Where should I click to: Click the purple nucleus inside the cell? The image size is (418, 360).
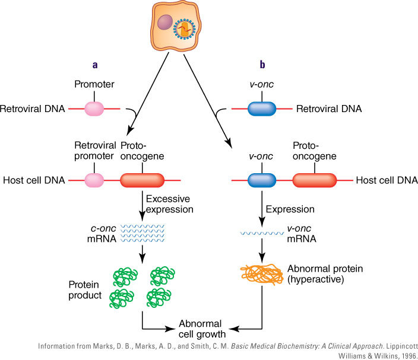tap(165, 22)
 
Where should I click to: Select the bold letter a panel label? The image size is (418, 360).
tap(95, 65)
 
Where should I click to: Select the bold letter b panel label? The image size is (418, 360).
tap(262, 65)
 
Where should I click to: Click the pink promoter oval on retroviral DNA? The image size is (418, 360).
tap(94, 109)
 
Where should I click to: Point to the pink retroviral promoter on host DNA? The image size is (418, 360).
tap(94, 180)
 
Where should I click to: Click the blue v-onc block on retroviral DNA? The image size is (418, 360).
tap(262, 109)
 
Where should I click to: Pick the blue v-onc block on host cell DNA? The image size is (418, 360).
tap(262, 180)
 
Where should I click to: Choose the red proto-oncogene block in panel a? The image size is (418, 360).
tap(142, 180)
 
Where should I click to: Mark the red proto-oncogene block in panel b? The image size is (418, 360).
tap(315, 180)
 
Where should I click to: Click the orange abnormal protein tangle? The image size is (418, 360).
tap(262, 274)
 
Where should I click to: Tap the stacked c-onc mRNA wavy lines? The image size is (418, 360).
tap(142, 233)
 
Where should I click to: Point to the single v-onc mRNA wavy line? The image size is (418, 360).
tap(262, 233)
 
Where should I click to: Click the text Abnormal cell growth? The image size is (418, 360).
tap(202, 329)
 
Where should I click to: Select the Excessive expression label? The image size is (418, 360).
tap(170, 204)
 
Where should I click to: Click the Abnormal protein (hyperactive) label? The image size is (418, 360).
tap(325, 274)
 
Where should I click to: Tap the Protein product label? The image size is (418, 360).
tap(85, 290)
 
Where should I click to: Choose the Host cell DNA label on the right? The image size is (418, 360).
tap(387, 180)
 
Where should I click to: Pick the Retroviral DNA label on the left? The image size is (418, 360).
tap(33, 109)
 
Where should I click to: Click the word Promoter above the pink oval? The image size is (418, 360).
tap(94, 84)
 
